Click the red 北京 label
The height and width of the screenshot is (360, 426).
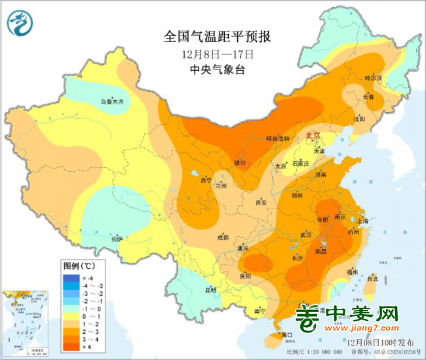[x=313, y=135]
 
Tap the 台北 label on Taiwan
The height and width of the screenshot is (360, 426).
[x=372, y=278]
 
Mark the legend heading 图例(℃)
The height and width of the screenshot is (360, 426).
[x=79, y=266]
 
